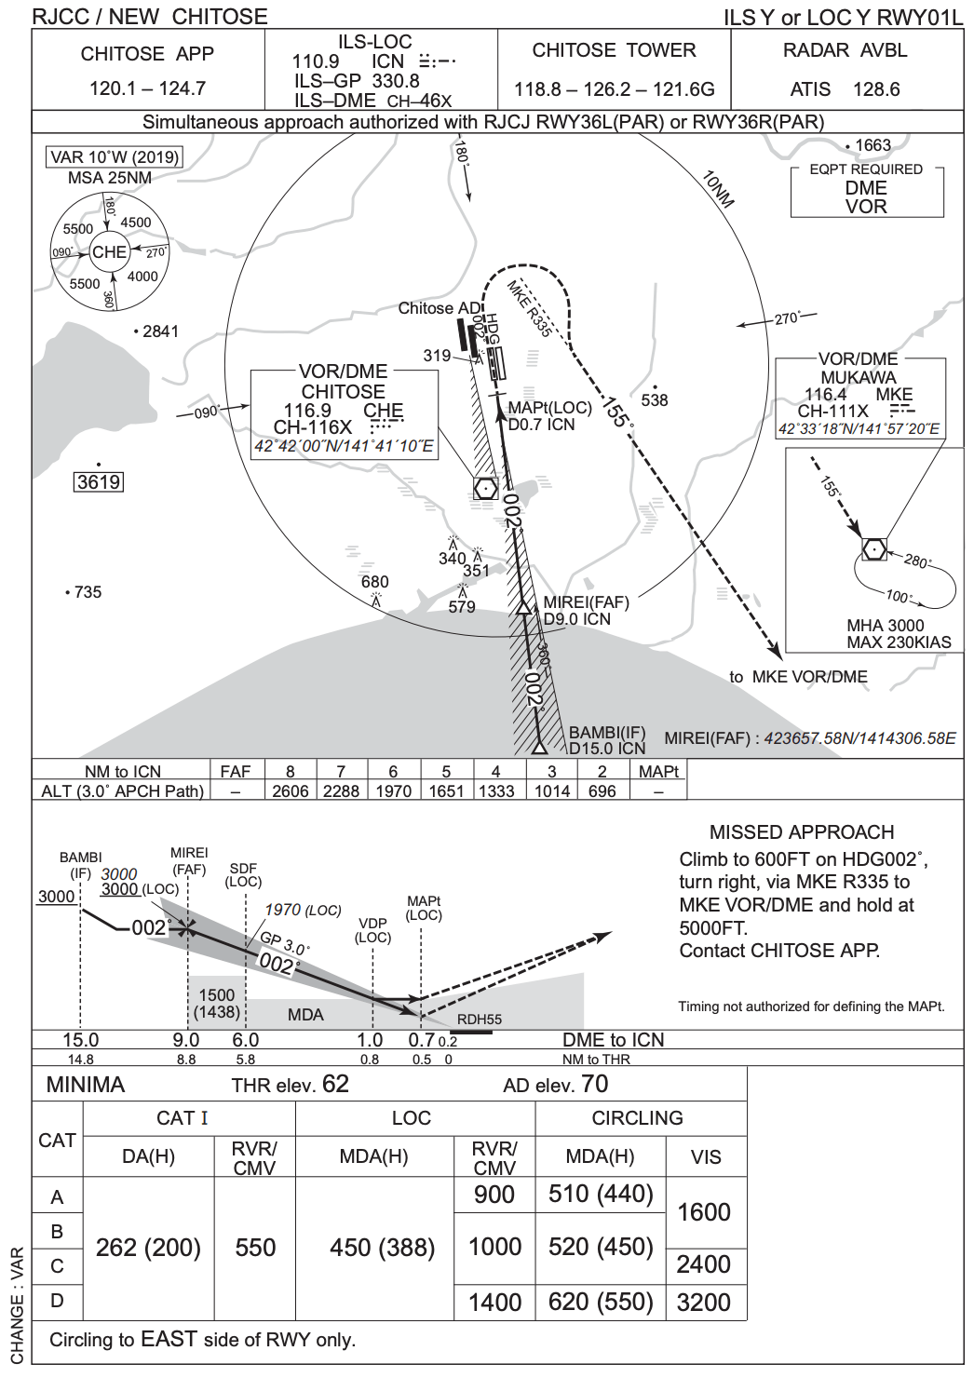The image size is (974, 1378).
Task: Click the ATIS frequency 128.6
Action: pos(876,89)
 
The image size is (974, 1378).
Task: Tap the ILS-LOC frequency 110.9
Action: pos(316,61)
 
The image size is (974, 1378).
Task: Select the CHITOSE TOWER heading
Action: pos(614,50)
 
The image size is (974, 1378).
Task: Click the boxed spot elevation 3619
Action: pos(99,482)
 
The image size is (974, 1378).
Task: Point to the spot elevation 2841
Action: pos(160,331)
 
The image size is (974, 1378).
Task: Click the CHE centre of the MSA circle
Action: pos(109,251)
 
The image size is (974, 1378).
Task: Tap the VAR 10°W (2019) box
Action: pos(115,156)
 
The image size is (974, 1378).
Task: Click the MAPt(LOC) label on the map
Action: pos(549,408)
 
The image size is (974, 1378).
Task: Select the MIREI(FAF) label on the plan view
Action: pos(586,603)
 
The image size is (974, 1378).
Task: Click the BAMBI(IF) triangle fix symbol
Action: pos(539,746)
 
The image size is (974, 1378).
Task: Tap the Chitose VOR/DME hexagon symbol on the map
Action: pos(485,488)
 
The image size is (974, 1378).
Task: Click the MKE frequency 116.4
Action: pos(825,394)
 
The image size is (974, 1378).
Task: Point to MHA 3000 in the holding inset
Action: pos(885,626)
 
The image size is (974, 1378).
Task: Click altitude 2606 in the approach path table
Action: pos(291,790)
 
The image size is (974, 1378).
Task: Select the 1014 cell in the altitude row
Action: pos(552,790)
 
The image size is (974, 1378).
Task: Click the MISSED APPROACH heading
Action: pos(801,832)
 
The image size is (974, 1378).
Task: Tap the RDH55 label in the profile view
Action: pos(479,1020)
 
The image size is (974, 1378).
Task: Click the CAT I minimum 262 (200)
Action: pos(149,1248)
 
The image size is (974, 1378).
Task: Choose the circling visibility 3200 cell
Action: pos(704,1303)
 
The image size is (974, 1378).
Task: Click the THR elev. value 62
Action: pos(335,1084)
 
